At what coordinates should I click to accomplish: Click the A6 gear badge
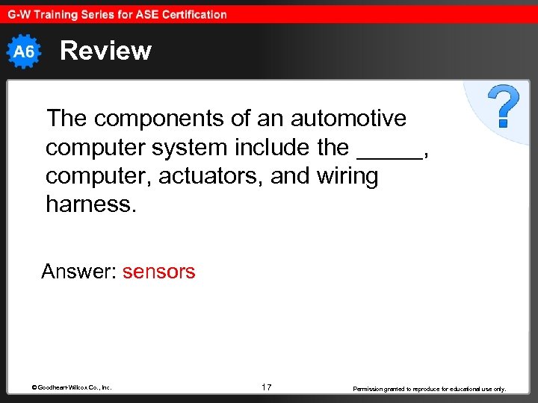click(x=25, y=51)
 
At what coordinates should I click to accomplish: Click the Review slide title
click(x=105, y=51)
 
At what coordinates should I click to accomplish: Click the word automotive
click(x=348, y=118)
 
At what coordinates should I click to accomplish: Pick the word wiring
click(x=347, y=176)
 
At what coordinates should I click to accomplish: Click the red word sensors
click(x=158, y=272)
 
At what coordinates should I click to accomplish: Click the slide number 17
click(x=267, y=387)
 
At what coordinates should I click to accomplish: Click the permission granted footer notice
click(x=429, y=389)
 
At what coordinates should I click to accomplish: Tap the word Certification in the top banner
click(x=191, y=13)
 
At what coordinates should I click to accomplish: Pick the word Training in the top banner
click(x=55, y=13)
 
